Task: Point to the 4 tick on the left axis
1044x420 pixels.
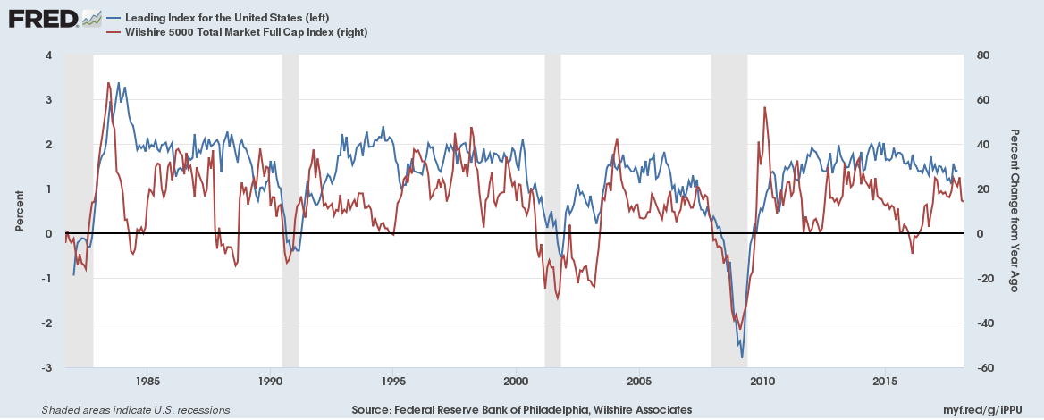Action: (x=47, y=55)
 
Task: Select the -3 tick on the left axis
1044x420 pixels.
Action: (x=45, y=368)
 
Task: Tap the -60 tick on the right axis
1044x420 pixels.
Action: (x=982, y=368)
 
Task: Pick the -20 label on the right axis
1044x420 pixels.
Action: (x=982, y=279)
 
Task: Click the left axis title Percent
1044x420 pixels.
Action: (x=19, y=212)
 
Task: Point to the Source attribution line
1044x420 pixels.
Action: (x=522, y=409)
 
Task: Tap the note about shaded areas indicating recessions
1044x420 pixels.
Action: (x=136, y=409)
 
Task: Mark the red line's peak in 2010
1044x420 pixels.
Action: (x=764, y=107)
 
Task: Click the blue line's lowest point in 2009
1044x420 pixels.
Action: (x=742, y=357)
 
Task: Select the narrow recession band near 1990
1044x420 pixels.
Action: (x=290, y=212)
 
